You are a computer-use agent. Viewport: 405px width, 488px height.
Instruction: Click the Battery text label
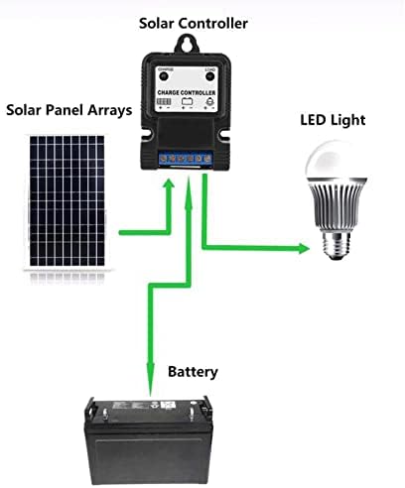[193, 373]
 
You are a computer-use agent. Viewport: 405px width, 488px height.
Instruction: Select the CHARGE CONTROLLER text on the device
[186, 91]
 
